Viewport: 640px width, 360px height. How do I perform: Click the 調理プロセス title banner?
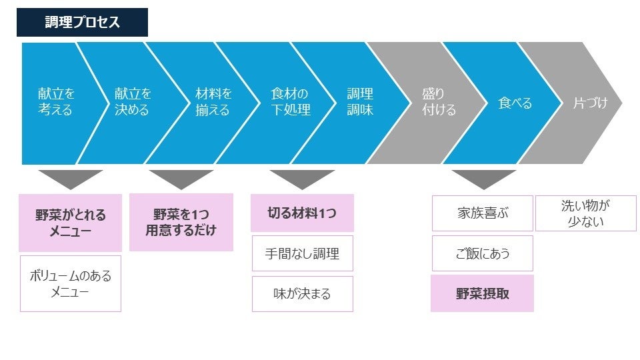(x=82, y=22)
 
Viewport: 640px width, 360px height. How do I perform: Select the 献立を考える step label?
(x=56, y=102)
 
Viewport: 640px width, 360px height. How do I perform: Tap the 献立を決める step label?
(x=133, y=102)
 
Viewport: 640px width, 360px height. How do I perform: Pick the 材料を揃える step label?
(x=213, y=102)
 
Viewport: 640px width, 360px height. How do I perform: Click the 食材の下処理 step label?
(x=291, y=102)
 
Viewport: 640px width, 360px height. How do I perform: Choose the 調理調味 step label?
(x=360, y=102)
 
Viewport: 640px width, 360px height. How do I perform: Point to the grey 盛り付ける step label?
(x=439, y=102)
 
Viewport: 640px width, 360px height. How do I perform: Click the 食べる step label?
(x=515, y=103)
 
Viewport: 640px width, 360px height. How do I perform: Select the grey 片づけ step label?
(x=591, y=103)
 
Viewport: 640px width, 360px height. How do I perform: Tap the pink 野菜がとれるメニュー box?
(x=70, y=223)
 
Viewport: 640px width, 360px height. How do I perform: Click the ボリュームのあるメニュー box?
(x=71, y=283)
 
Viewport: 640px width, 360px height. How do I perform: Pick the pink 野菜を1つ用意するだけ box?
(x=181, y=223)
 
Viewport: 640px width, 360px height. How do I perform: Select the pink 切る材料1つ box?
(x=302, y=213)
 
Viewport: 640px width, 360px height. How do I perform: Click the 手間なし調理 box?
(x=302, y=253)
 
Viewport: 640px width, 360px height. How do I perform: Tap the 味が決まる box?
(x=302, y=294)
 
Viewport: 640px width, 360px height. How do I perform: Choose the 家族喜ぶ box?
(x=483, y=213)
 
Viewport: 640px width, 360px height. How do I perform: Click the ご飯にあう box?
(x=483, y=253)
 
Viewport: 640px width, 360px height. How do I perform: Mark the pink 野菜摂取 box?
(x=483, y=293)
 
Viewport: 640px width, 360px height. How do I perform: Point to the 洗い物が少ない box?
(x=585, y=213)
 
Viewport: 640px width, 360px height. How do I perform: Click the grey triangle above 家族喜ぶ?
(x=483, y=178)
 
